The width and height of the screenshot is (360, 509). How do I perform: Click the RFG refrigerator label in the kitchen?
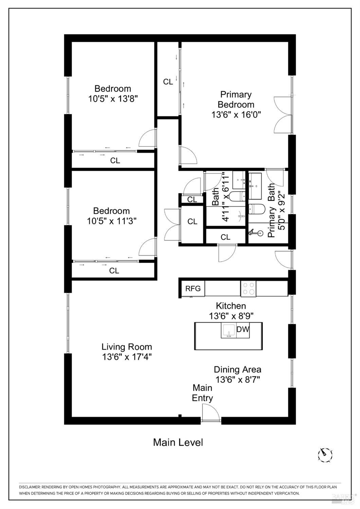pyautogui.click(x=193, y=289)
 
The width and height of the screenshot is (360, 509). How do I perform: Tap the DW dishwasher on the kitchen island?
pyautogui.click(x=243, y=329)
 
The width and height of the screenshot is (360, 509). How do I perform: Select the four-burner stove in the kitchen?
pyautogui.click(x=248, y=288)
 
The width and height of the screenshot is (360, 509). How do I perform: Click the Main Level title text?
pyautogui.click(x=178, y=442)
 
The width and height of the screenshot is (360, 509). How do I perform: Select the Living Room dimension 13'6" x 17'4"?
pyautogui.click(x=126, y=357)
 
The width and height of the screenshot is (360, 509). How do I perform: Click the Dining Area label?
pyautogui.click(x=237, y=369)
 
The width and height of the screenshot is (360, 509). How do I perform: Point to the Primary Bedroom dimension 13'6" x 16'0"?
pyautogui.click(x=236, y=115)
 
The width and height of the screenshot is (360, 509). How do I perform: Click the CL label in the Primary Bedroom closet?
pyautogui.click(x=168, y=82)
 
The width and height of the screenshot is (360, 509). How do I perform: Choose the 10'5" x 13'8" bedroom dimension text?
pyautogui.click(x=113, y=99)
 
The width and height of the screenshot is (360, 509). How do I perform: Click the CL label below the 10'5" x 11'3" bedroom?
pyautogui.click(x=114, y=271)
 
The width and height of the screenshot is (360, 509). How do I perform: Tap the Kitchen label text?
pyautogui.click(x=231, y=306)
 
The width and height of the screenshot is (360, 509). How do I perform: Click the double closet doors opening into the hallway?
pyautogui.click(x=172, y=224)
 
